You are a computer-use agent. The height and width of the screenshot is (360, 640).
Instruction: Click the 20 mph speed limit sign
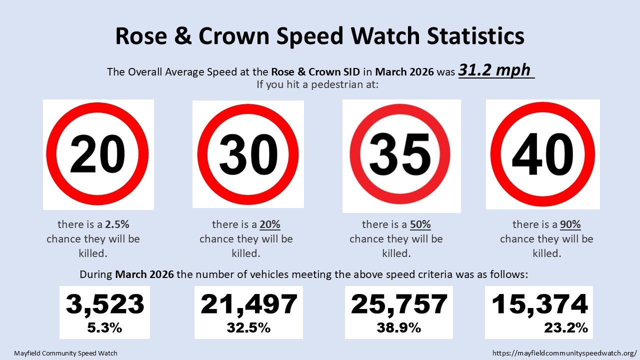98,154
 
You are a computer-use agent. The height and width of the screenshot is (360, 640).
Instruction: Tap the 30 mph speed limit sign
248,154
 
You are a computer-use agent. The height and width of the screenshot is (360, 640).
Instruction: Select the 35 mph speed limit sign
401,155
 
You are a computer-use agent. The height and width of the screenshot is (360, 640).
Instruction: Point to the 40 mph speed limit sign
542,154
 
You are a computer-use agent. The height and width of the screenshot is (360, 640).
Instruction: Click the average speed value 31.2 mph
494,70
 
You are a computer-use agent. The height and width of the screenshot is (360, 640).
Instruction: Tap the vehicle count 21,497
248,304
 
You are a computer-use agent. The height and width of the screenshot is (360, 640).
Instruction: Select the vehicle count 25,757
399,304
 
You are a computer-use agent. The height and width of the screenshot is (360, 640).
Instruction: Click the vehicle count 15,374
539,304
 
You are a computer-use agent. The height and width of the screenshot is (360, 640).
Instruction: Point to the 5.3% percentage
105,328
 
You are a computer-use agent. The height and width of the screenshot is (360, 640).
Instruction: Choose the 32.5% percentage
248,328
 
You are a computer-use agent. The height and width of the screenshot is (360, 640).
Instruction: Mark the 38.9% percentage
399,328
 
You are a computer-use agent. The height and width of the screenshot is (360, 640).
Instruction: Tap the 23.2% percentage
565,328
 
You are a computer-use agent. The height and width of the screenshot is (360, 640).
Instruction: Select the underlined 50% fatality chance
420,224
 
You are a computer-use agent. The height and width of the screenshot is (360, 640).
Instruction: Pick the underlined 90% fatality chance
570,224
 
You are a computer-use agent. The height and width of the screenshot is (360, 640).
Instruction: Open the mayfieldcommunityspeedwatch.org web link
564,353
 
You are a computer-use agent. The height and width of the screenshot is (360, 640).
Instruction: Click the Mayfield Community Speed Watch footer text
65,353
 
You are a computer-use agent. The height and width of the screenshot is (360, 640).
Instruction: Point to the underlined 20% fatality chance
270,224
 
